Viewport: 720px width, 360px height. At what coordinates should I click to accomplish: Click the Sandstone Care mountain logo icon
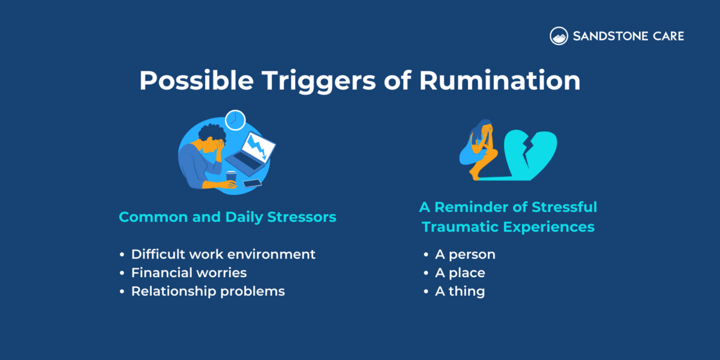coord(559,36)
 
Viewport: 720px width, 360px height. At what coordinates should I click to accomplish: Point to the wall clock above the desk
coord(235,119)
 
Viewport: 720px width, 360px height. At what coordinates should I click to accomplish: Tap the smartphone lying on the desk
coord(253,183)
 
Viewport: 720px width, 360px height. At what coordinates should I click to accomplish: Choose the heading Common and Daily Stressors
coord(227,217)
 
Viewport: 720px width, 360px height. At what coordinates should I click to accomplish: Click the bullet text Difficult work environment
coord(223,254)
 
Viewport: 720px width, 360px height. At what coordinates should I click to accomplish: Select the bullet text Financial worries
coord(189,272)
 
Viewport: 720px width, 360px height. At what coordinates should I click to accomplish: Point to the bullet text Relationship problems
coord(208,291)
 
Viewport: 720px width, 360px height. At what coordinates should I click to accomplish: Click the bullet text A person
coord(465,254)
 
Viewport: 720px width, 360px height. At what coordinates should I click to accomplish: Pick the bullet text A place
coord(460,273)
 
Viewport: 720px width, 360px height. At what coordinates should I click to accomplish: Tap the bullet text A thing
coord(460,292)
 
